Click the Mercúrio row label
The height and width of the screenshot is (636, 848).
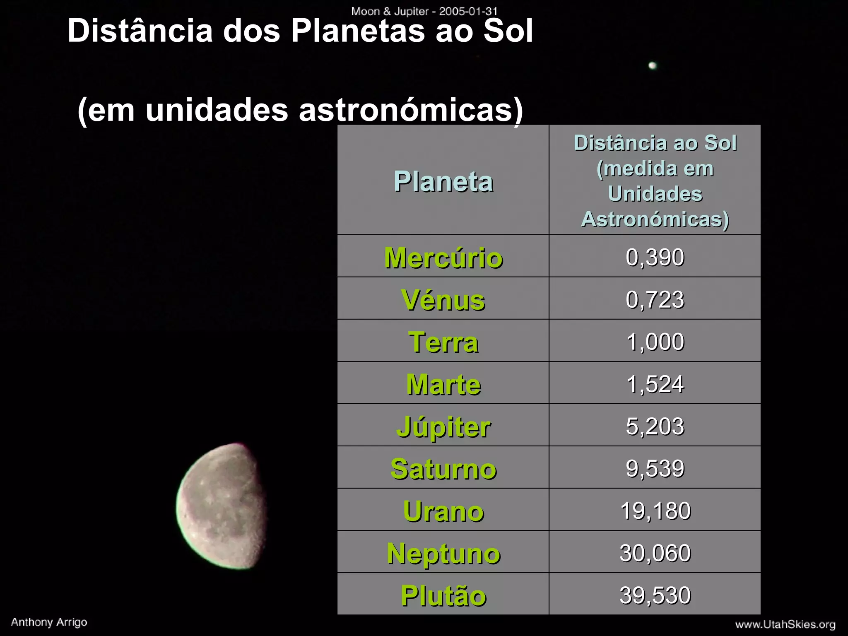click(443, 258)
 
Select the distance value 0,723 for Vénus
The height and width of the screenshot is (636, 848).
click(655, 299)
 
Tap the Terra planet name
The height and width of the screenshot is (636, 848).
click(443, 342)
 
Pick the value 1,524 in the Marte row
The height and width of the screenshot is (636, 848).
click(655, 384)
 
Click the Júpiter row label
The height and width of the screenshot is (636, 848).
click(443, 426)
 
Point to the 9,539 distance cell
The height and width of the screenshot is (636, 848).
click(655, 468)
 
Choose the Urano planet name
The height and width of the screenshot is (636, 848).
click(443, 511)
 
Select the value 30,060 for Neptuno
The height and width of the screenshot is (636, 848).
click(655, 553)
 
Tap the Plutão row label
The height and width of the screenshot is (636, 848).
click(443, 595)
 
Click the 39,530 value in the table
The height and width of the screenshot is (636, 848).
click(655, 595)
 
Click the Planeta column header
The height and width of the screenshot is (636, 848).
click(443, 181)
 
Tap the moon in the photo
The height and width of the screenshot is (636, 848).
click(222, 506)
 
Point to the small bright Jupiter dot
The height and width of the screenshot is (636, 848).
click(652, 65)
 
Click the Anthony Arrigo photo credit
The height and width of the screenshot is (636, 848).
click(49, 622)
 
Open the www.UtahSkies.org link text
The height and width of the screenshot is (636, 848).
click(785, 624)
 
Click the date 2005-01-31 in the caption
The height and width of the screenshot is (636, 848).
click(468, 11)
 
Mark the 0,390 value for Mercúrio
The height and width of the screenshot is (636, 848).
click(655, 257)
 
